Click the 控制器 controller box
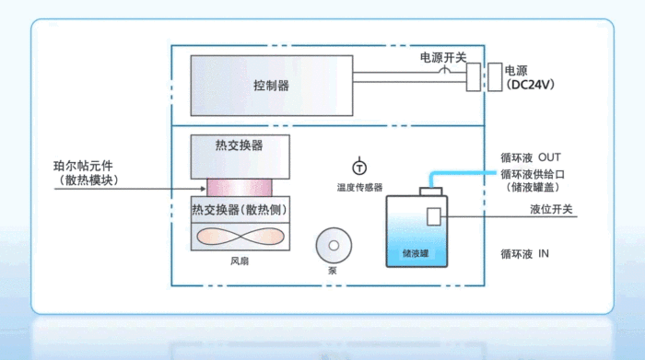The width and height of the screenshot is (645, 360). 271,85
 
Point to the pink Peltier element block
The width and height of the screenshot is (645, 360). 239,187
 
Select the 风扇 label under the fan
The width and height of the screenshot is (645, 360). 240,261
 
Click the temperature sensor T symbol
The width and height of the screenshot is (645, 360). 359,167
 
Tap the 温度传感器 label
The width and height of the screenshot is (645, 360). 359,187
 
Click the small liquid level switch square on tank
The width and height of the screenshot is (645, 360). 435,215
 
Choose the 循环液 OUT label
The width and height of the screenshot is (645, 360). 529,157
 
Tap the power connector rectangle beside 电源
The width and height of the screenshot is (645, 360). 475,76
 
